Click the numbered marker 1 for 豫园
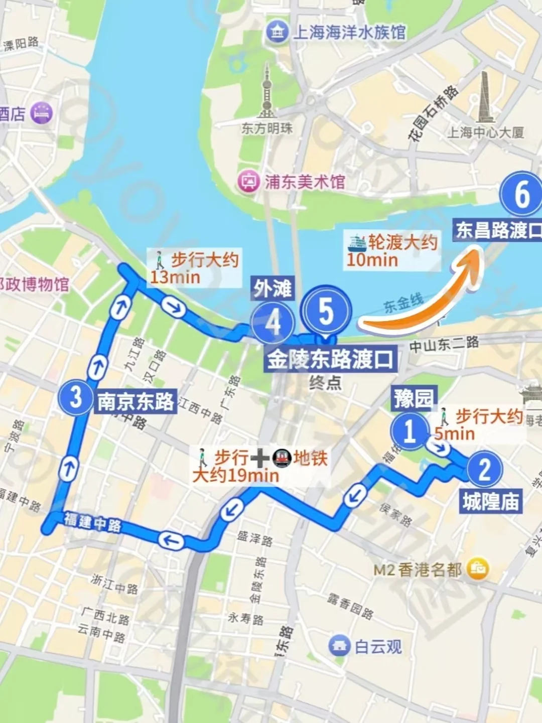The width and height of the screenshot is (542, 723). coord(410,430)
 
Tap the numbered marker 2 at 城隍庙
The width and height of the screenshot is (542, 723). coord(484,470)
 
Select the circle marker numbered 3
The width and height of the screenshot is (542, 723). coord(76,397)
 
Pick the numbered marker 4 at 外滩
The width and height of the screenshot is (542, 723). coord(273,323)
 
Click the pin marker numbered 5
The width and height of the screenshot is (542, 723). coord(326,312)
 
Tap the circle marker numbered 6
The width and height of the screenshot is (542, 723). coord(522,195)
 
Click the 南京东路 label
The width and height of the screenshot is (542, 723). coord(135,401)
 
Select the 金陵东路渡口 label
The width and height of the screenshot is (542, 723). coord(330,359)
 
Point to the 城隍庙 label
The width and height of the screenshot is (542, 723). coord(491,501)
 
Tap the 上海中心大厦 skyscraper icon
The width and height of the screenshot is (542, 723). coord(485,98)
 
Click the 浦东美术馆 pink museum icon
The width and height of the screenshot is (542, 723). coord(248,181)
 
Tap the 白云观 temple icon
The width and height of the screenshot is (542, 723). coord(339,646)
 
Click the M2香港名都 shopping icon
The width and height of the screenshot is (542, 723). coord(477,568)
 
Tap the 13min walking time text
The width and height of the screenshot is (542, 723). coord(175,277)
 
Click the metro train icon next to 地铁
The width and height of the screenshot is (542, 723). coord(282,458)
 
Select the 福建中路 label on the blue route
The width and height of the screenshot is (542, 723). coord(93,522)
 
